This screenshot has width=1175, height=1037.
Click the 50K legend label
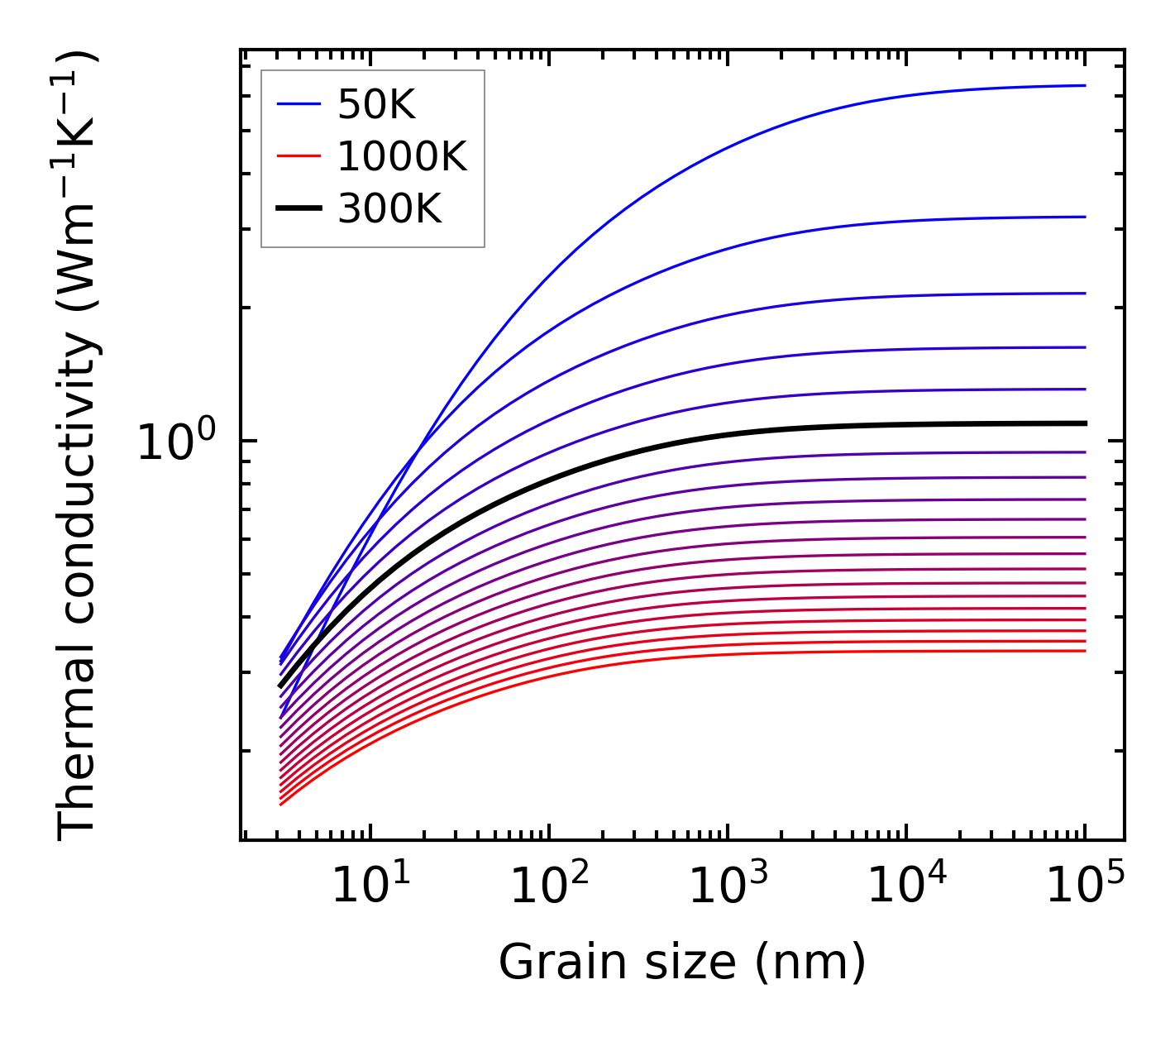click(376, 105)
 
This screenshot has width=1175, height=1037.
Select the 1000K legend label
click(402, 156)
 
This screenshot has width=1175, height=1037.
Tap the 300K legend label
click(389, 209)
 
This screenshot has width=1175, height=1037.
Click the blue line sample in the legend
click(298, 104)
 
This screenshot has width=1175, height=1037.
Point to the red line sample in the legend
click(298, 155)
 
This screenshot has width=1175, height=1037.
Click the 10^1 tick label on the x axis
click(371, 886)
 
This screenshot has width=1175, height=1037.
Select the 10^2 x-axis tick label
click(550, 886)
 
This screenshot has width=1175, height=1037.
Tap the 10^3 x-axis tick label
click(728, 886)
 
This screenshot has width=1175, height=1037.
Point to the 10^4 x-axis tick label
click(907, 886)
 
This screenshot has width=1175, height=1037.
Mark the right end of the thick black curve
click(1085, 423)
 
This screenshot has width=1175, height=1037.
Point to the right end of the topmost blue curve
click(1085, 85)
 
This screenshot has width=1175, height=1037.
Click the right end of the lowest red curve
click(1085, 651)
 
